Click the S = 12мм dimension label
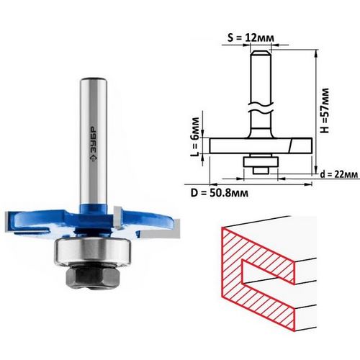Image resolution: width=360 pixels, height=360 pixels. click(x=251, y=37)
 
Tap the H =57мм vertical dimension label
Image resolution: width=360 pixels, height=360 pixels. click(x=325, y=111)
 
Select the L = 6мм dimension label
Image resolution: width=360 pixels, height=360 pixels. click(x=195, y=136)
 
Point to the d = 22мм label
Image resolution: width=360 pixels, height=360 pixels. click(x=339, y=174)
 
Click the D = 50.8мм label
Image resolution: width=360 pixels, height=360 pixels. click(x=220, y=193)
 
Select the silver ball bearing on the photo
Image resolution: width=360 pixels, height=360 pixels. click(x=93, y=251)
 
